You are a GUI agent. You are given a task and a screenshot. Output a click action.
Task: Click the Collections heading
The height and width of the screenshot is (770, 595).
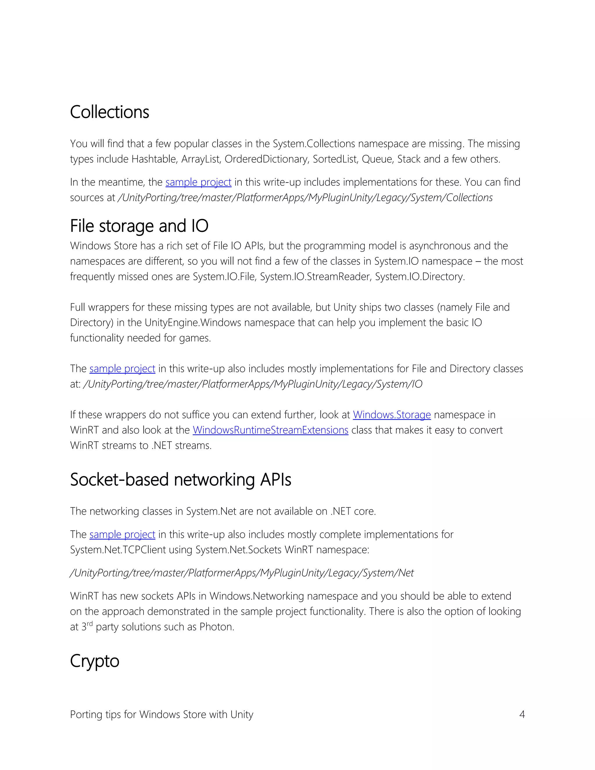click(109, 112)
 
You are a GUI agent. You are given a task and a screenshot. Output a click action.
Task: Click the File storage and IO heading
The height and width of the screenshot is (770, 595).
click(139, 226)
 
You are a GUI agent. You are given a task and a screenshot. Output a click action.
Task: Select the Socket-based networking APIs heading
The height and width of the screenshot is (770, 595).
click(180, 479)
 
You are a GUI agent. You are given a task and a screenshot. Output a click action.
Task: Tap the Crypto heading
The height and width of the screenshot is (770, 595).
click(94, 661)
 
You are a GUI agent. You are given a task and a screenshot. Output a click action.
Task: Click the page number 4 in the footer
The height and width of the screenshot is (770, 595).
click(522, 715)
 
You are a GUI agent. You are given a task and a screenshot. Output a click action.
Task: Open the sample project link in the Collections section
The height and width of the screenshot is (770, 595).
click(198, 182)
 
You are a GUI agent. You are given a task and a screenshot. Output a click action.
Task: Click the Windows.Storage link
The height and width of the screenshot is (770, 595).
click(392, 415)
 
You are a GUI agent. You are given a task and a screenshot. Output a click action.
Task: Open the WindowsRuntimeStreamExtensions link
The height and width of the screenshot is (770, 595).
click(270, 430)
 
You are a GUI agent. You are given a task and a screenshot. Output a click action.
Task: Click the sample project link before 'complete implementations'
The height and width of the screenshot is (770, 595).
click(122, 534)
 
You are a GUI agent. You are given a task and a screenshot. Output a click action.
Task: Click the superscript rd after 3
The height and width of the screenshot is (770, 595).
click(90, 624)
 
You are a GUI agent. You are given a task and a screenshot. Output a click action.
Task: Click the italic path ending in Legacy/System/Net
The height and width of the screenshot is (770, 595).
click(242, 573)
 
